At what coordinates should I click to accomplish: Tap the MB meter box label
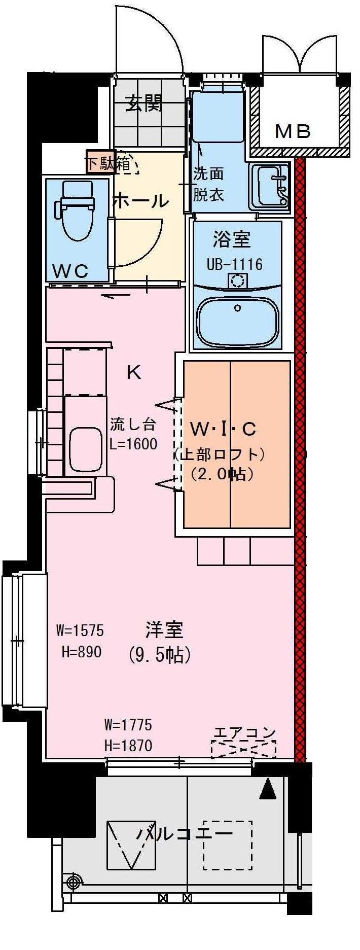tap(293, 131)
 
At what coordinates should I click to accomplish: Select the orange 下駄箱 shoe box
tap(100, 162)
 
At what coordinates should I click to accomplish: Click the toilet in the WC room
tap(77, 209)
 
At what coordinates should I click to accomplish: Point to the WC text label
tap(71, 271)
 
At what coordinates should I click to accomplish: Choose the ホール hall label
tap(140, 201)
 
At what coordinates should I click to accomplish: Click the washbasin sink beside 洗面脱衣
tap(270, 186)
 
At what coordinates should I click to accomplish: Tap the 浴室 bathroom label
tap(232, 239)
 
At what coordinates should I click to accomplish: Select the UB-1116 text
tap(234, 264)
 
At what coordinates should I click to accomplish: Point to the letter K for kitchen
tap(134, 373)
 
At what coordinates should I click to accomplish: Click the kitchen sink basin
tap(86, 449)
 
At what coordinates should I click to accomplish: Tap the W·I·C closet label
tap(223, 429)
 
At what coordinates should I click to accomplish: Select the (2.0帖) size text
tap(222, 474)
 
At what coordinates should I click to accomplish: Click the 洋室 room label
tap(164, 630)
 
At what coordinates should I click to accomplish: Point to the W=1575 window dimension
tap(80, 630)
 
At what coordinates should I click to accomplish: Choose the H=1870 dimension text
tap(128, 746)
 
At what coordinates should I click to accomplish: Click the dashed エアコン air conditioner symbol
tap(243, 749)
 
